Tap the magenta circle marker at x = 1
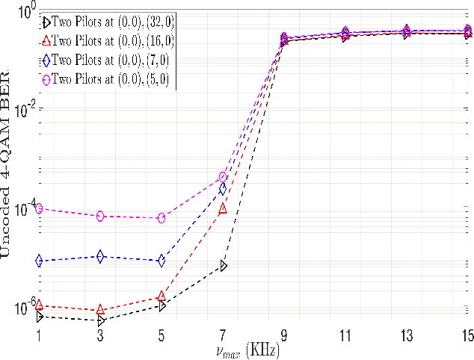click(x=39, y=208)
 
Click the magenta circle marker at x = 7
click(x=223, y=177)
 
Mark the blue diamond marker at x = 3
click(x=100, y=256)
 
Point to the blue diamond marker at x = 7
click(x=223, y=189)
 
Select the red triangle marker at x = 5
click(x=161, y=297)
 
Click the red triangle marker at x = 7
click(x=223, y=209)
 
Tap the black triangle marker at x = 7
click(x=223, y=265)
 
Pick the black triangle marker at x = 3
click(x=100, y=320)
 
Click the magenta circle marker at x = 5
click(x=161, y=218)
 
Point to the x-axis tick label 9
click(x=284, y=335)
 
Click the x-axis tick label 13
click(x=406, y=335)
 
